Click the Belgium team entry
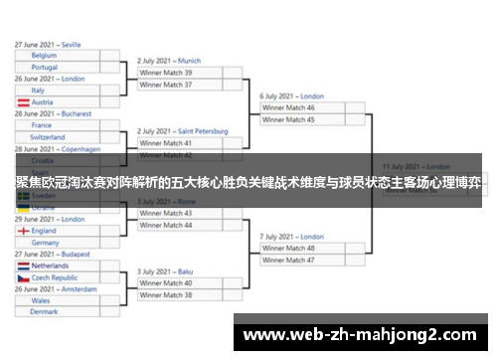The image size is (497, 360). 44,56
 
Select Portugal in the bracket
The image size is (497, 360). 45,67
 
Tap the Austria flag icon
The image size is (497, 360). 23,101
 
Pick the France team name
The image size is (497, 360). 42,125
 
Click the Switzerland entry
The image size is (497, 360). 49,137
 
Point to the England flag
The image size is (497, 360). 23,231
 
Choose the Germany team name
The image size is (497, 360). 46,242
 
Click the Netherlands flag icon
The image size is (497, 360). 23,266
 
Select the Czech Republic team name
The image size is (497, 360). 56,277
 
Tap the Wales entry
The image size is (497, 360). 41,300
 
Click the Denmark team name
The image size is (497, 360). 44,311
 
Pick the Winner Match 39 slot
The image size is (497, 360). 166,73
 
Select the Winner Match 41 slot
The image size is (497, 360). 166,143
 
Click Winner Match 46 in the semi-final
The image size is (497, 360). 288,107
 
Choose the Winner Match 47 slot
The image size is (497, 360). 288,260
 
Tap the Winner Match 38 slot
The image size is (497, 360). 166,294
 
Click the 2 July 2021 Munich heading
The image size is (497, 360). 169,61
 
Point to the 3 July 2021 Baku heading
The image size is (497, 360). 165,271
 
